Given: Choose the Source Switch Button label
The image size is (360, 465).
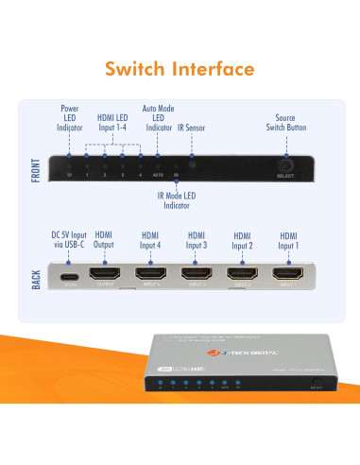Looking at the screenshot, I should pos(284,123).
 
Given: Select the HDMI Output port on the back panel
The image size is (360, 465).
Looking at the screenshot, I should pos(104,277).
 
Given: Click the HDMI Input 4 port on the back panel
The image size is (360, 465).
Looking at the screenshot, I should pos(150,277).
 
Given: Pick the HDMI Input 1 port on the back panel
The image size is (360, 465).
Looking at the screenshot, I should pos(288,277).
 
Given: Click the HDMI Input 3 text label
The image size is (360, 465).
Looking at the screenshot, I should pos(197,240).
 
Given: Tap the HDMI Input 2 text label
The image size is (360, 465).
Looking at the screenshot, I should pos(244,240).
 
